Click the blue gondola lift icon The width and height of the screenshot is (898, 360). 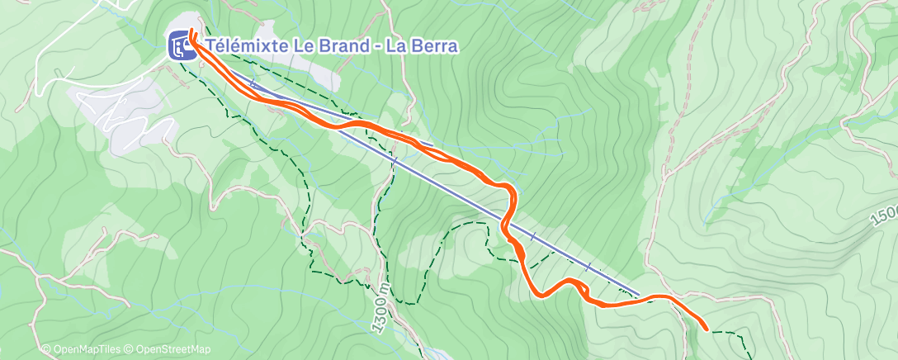pyautogui.click(x=182, y=45)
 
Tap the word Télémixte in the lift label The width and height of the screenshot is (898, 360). pyautogui.click(x=245, y=46)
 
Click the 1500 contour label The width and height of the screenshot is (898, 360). pyautogui.click(x=883, y=220)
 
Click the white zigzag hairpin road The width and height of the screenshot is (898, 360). pyautogui.click(x=124, y=111)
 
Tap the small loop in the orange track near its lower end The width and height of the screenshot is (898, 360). pyautogui.click(x=582, y=288)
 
